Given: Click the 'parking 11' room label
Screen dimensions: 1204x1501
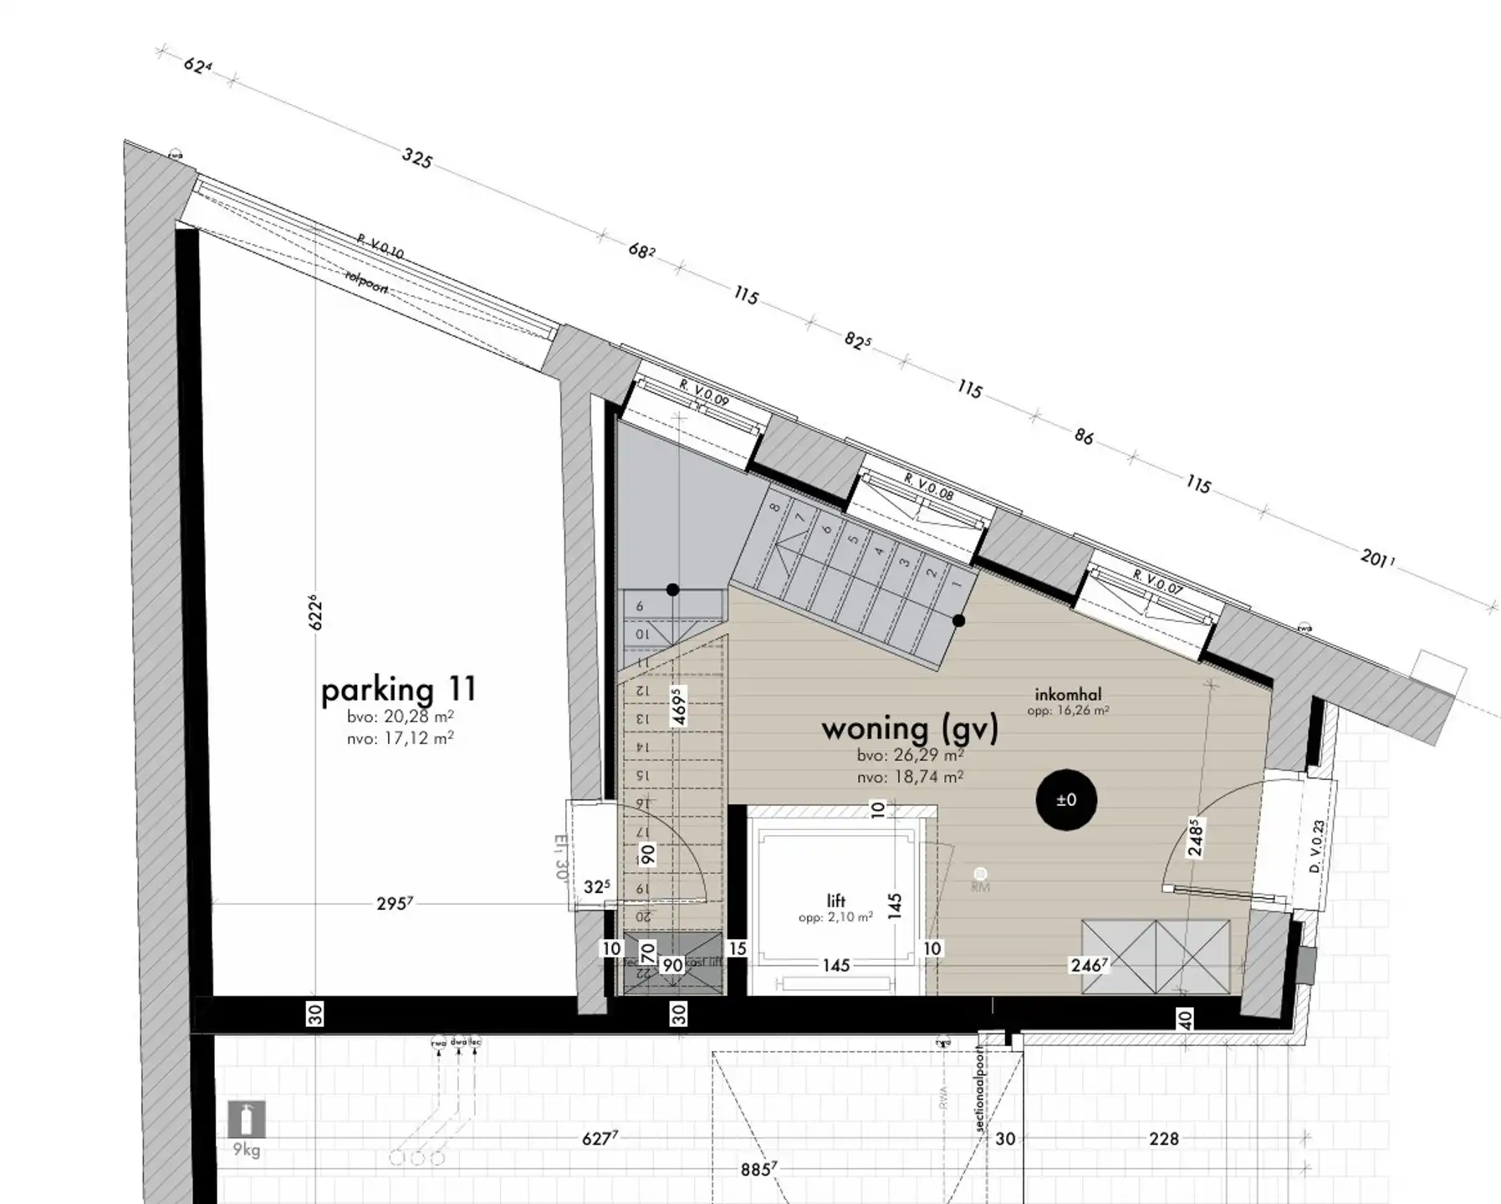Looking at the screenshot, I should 399,690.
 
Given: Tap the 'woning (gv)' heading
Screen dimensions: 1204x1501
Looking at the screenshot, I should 910,728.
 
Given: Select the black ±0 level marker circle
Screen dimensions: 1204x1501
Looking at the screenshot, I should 1066,800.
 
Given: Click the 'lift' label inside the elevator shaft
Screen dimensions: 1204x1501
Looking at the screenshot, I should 835,900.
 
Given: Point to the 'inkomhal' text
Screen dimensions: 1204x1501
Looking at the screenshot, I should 1068,694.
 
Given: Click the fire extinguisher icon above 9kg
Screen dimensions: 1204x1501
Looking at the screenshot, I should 247,1119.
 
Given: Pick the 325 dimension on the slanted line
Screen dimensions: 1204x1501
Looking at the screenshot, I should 416,158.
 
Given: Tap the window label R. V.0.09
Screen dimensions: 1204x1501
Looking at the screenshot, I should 704,393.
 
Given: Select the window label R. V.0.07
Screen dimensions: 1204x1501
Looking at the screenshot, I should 1157,582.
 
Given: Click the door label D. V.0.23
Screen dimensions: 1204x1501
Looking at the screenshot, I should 1317,846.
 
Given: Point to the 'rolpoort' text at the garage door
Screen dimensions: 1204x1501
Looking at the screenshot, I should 366,283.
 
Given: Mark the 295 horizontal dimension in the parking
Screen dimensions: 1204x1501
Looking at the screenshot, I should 394,904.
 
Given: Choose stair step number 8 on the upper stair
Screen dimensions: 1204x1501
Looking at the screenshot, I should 775,508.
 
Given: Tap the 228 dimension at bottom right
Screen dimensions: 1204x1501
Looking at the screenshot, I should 1163,1139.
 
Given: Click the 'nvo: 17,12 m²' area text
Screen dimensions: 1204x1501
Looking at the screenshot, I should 400,738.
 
